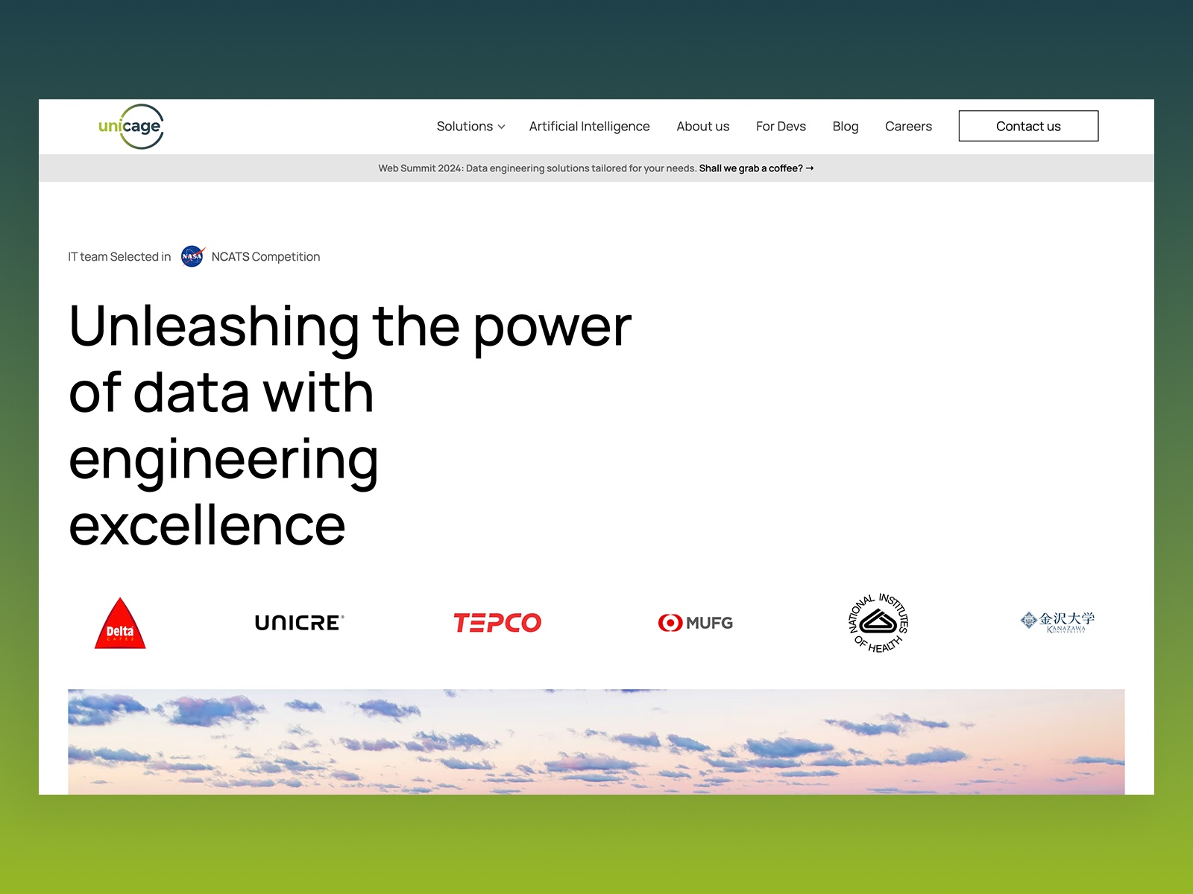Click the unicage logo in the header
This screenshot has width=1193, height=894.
click(130, 127)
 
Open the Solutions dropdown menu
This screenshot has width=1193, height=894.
click(470, 127)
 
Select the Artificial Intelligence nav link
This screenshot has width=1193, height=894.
click(589, 127)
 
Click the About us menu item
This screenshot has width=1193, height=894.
click(702, 127)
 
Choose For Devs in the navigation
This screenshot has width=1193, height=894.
click(781, 127)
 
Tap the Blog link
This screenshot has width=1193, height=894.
click(845, 127)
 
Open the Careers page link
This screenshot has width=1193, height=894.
click(908, 127)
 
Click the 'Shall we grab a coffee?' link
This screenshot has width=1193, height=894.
click(755, 168)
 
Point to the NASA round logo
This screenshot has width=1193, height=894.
click(192, 256)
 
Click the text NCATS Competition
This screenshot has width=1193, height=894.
click(265, 257)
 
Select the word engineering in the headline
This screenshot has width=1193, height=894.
click(224, 460)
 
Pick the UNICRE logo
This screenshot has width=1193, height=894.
click(299, 623)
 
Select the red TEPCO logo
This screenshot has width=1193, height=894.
click(497, 623)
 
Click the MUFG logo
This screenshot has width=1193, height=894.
click(695, 623)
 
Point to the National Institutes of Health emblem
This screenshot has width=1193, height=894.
click(878, 623)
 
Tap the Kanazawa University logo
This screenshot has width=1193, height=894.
click(1057, 621)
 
